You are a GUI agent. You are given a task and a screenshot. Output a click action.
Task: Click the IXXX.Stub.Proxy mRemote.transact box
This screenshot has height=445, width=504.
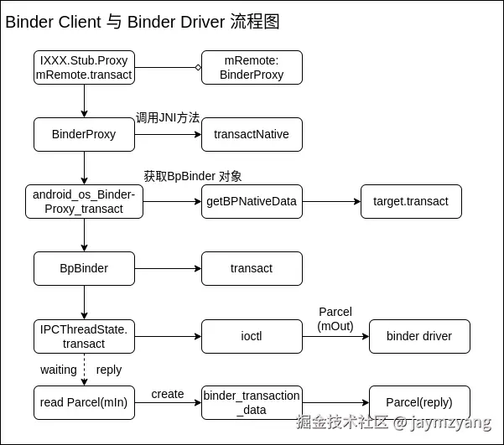click(84, 67)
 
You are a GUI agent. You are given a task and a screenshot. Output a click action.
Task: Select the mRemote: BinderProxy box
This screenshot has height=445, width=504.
click(252, 67)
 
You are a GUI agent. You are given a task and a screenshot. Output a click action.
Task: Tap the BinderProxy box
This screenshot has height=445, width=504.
click(84, 134)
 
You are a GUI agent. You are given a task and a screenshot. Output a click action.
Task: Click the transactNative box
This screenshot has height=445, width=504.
click(252, 134)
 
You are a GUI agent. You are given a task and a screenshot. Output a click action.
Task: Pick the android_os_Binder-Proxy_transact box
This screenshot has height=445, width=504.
click(84, 201)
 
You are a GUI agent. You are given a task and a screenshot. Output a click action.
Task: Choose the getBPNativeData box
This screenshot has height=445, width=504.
click(252, 201)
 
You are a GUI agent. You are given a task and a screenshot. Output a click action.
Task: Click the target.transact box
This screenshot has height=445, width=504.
click(411, 201)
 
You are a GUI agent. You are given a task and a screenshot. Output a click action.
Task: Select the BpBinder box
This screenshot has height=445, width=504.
click(84, 268)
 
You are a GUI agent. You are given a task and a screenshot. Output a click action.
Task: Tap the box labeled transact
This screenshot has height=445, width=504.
click(252, 268)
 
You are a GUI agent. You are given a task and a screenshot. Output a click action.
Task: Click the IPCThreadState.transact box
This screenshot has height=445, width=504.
click(84, 336)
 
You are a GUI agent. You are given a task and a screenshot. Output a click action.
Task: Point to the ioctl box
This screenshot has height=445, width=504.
click(252, 336)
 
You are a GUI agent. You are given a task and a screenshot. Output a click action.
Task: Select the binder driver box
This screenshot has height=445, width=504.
click(419, 336)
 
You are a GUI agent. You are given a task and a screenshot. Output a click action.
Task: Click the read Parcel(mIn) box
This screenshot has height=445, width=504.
click(84, 402)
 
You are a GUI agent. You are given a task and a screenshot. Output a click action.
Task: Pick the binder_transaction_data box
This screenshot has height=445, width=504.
click(252, 402)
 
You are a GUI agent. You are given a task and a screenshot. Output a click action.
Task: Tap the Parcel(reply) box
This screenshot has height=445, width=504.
click(419, 402)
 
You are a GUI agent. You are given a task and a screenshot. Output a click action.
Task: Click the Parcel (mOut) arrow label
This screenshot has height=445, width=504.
click(335, 319)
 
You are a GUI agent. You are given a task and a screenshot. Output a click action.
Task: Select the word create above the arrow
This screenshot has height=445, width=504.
click(168, 394)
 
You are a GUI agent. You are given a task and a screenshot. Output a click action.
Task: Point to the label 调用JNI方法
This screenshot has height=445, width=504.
click(168, 118)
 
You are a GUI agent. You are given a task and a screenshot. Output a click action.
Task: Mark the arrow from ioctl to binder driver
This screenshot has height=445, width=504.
click(335, 336)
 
